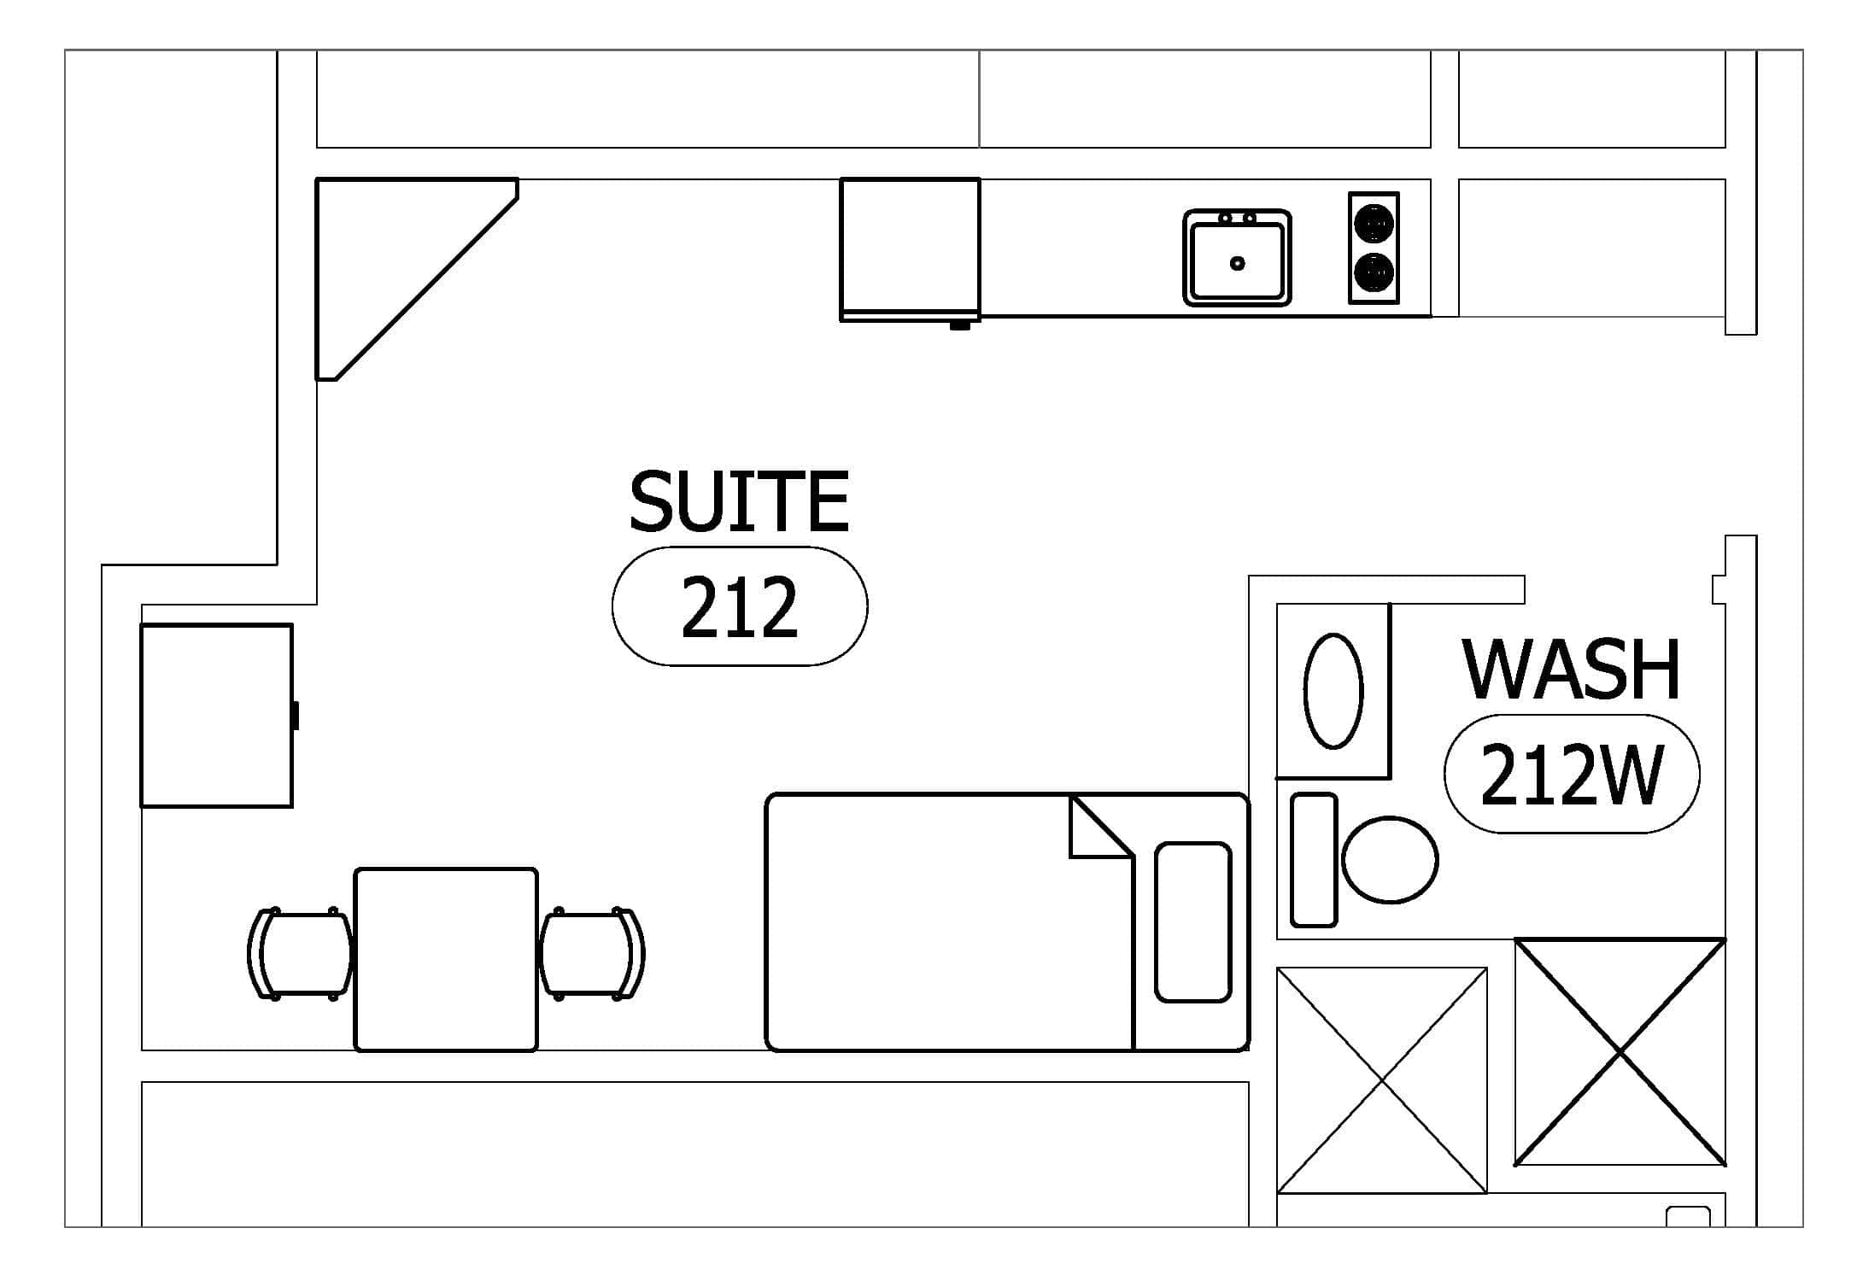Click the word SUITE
739,501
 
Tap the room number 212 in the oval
740,607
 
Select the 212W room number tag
1572,775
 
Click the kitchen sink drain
1238,263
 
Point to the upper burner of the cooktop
1374,225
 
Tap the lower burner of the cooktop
1374,272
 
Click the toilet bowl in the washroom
1390,860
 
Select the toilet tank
1314,860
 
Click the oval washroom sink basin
1333,691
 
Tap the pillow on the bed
1193,921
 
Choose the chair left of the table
300,954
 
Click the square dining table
446,960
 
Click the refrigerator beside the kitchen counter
910,250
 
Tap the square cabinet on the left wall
217,716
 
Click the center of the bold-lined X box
1620,1052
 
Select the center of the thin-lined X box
1382,1080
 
